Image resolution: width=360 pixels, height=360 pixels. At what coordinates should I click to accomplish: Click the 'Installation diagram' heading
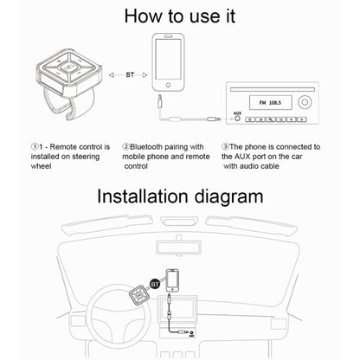[179, 196]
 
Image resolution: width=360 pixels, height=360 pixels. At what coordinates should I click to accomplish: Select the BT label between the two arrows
[131, 74]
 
